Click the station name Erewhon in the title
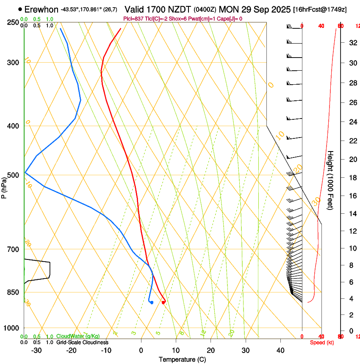[x=41, y=9]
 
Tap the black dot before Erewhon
[x=20, y=9]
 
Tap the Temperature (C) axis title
[x=182, y=359]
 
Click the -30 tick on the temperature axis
[x=36, y=350]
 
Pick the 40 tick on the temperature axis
[x=280, y=350]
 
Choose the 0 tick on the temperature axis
[x=141, y=350]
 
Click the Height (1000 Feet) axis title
[x=331, y=180]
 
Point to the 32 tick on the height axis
[x=352, y=42]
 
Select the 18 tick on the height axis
[x=352, y=177]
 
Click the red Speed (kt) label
[x=322, y=342]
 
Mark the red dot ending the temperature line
[x=163, y=302]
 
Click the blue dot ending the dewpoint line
[x=151, y=302]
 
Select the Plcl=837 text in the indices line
[x=133, y=19]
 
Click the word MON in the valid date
[x=228, y=9]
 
